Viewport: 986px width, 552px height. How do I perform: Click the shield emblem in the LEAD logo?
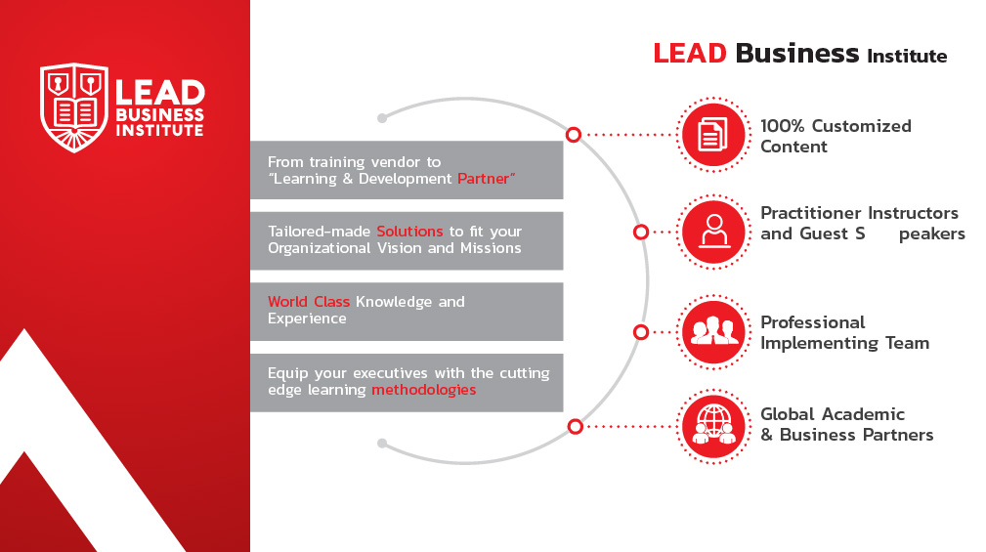pos(74,107)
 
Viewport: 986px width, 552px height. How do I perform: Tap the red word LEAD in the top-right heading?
pos(690,54)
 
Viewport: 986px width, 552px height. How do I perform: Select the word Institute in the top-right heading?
pos(907,57)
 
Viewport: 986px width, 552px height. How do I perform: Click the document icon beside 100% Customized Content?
pos(713,135)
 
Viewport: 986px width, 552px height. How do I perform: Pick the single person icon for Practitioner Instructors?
pos(713,232)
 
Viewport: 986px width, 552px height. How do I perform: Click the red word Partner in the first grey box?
pos(483,179)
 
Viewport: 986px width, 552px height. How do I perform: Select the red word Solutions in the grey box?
pos(409,232)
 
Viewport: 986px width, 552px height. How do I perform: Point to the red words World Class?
pos(308,302)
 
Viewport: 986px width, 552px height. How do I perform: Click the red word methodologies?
pos(424,390)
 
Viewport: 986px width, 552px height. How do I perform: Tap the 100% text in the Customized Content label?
pos(783,126)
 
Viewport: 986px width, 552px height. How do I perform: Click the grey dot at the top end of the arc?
pos(382,118)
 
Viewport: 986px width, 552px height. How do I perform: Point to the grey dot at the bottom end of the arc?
pos(382,444)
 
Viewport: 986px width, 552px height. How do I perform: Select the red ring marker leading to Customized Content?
pos(573,135)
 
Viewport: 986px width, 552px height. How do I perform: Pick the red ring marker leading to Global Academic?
pos(575,426)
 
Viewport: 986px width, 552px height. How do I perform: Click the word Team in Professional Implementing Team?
pos(908,343)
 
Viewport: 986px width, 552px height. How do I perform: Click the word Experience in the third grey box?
pos(307,318)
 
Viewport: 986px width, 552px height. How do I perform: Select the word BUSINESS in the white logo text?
pos(159,115)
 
